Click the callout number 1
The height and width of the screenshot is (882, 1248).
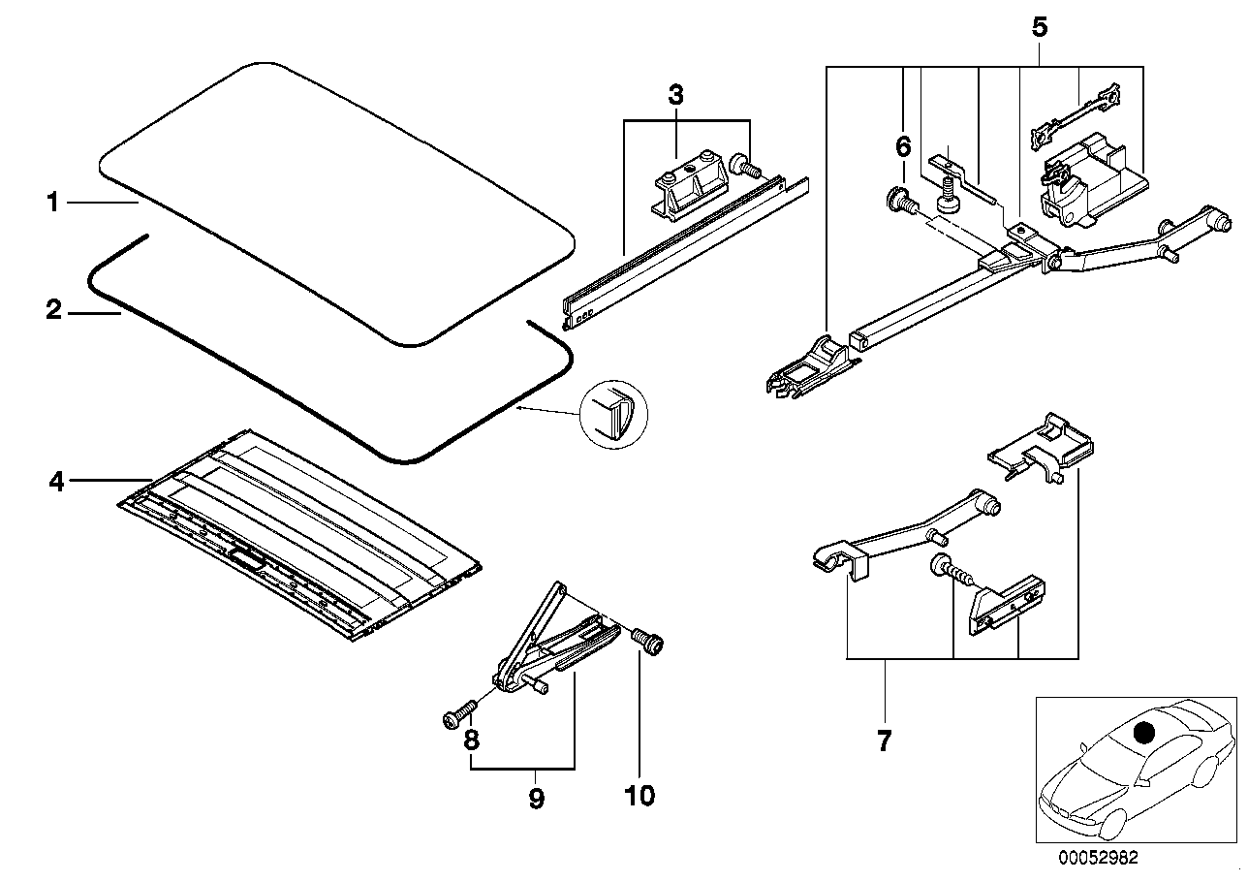(53, 202)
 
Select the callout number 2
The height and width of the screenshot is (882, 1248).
(53, 310)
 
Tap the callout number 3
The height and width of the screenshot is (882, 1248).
(675, 95)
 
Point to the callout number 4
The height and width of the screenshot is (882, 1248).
(56, 481)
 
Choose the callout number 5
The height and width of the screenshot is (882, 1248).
(1040, 27)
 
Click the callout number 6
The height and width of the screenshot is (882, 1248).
(903, 146)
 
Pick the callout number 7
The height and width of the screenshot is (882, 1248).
(885, 741)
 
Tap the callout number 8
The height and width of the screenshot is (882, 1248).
(471, 740)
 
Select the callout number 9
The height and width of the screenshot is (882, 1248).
(536, 799)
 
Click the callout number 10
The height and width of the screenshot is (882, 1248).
(640, 796)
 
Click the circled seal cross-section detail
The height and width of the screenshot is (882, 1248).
(614, 415)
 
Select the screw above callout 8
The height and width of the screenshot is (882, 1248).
(459, 713)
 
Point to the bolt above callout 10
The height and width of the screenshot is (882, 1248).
(648, 642)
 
